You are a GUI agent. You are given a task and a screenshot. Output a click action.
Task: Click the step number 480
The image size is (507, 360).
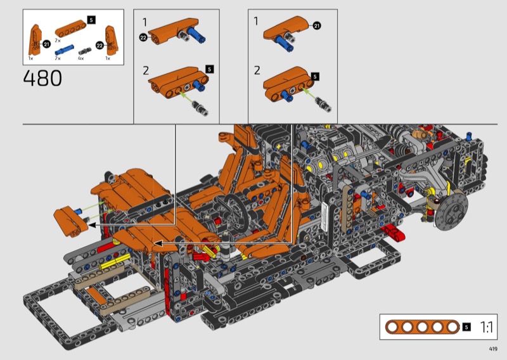coord(42,79)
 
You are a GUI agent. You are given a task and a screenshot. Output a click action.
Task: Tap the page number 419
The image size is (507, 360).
coord(493,349)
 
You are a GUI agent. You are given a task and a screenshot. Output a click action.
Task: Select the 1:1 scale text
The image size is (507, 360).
coord(486,327)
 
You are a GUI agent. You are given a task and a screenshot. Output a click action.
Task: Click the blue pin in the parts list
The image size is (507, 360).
coord(65,50)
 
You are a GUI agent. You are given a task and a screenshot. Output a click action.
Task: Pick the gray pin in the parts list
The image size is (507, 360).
coord(85,51)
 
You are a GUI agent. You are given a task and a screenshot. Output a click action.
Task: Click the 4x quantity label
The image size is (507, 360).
coord(81,58)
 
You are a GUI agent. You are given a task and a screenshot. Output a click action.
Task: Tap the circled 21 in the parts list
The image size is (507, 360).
coord(46,44)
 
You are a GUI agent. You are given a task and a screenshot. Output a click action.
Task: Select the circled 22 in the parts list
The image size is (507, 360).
coord(99,45)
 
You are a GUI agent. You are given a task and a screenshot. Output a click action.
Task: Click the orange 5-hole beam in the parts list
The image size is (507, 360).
coord(70,29)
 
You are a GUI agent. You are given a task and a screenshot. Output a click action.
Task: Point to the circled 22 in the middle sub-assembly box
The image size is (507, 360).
coord(143,37)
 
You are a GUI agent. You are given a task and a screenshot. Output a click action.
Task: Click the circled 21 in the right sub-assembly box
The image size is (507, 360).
coord(316,25)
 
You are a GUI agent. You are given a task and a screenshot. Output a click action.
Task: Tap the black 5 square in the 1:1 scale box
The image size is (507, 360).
coord(466,327)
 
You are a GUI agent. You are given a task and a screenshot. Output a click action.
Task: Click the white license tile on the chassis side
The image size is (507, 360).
coord(324,217)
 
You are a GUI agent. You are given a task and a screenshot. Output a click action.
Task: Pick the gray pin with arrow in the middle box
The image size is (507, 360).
coord(200,107)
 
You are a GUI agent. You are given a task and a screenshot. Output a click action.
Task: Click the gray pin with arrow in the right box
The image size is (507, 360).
coord(324,104)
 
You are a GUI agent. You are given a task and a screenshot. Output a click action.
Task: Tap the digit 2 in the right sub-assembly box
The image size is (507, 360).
coord(257,70)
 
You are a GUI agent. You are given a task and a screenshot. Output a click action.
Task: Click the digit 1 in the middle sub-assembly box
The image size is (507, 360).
coord(144,22)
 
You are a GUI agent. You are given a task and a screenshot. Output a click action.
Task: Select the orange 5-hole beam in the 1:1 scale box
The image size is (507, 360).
coord(422,327)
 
